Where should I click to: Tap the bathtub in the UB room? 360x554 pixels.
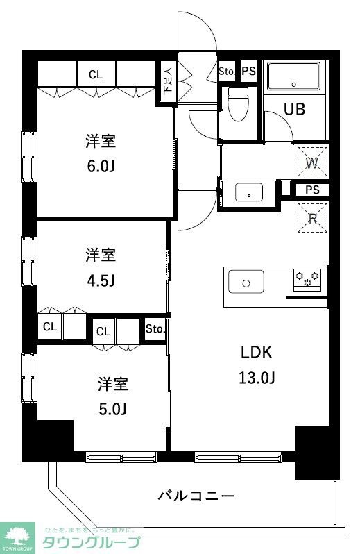pos(293,76)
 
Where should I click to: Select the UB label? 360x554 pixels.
pos(294,109)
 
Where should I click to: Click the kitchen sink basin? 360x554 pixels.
pos(246,283)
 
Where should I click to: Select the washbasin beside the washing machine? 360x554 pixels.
pos(248,192)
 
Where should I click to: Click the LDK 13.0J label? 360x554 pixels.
pos(258,364)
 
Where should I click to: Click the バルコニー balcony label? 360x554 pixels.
pos(196,496)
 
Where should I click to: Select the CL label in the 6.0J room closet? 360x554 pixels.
pos(95,74)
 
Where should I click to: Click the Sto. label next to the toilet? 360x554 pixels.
pos(227,71)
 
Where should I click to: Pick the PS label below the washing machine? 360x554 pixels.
pos(311,190)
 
